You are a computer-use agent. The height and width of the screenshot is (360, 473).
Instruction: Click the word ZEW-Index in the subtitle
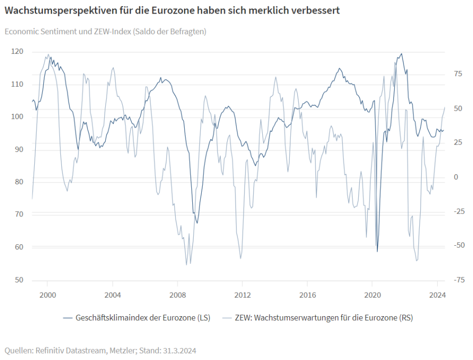pos(107,31)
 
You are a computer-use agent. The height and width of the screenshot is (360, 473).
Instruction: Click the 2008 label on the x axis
pos(177,295)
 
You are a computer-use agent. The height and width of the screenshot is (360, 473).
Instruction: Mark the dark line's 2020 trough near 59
pos(377,251)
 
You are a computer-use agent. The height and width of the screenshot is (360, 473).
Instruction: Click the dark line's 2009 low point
pos(197,223)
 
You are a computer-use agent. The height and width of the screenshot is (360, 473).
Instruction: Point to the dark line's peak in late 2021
pos(401,54)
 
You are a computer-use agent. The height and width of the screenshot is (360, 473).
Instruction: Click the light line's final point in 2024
pos(445,107)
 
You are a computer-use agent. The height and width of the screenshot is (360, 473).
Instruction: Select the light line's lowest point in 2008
pos(186,264)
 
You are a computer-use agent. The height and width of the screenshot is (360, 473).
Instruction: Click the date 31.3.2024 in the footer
pos(178,350)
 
